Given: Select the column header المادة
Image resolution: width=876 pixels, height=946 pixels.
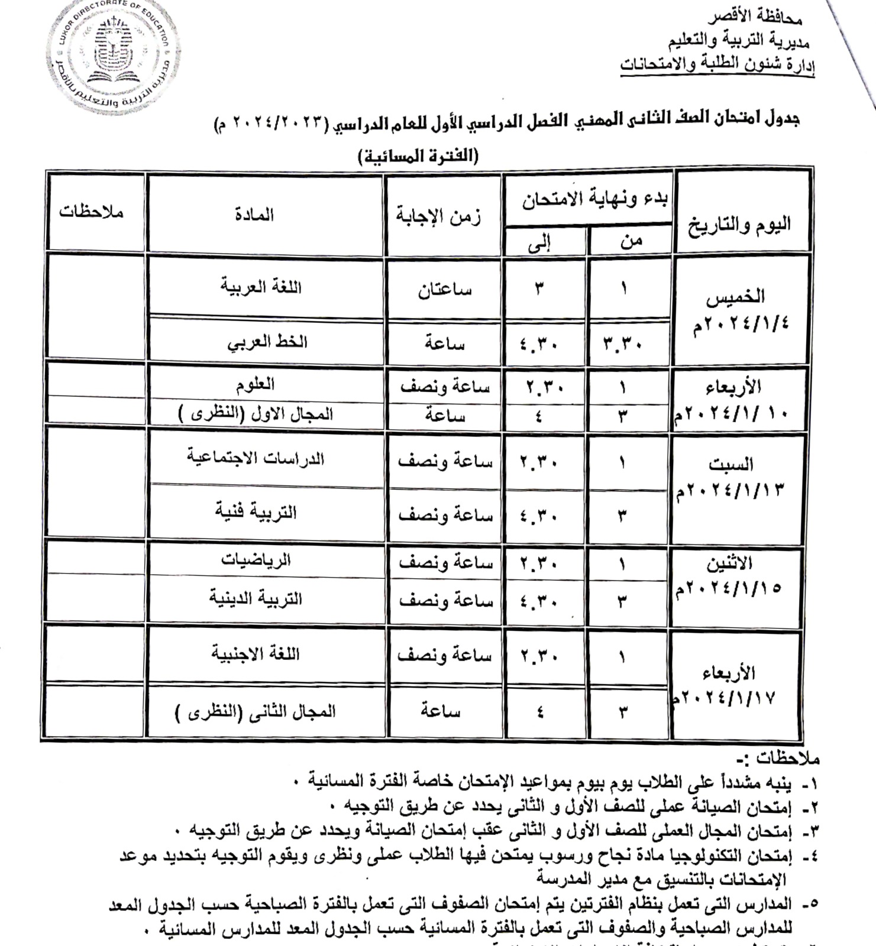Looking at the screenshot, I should click(x=254, y=214).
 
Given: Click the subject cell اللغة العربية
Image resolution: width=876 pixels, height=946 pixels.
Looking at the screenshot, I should click(x=261, y=287).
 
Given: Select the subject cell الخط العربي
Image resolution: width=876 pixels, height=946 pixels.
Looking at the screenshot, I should click(x=267, y=342).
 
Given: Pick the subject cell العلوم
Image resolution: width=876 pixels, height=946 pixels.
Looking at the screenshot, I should click(x=255, y=384).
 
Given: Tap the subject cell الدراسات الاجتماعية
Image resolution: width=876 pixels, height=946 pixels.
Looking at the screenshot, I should click(x=256, y=458).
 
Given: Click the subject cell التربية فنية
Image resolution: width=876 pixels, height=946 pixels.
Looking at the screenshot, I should click(x=256, y=512).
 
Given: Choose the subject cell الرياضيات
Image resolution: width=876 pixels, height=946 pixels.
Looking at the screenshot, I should click(x=256, y=559).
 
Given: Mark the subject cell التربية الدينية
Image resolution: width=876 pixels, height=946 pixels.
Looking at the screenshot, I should click(x=256, y=598).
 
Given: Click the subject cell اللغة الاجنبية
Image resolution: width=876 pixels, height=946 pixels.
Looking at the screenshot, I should click(x=256, y=654).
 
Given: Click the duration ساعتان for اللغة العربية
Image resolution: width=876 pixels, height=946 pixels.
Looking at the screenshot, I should click(x=445, y=290).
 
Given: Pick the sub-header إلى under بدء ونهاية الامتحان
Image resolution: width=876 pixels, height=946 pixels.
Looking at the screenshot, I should click(x=538, y=242).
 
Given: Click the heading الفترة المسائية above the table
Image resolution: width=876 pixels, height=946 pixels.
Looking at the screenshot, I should click(x=418, y=156).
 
